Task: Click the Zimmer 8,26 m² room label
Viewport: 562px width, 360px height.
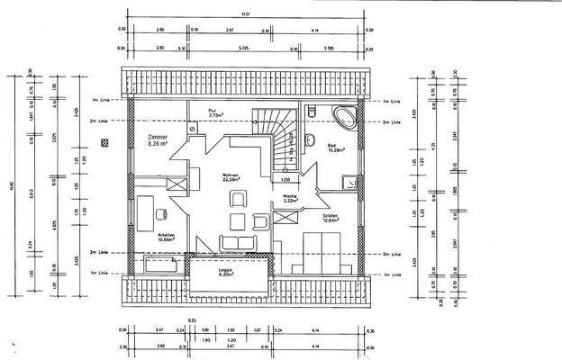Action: [159, 139]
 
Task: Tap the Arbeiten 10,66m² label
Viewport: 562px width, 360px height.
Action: [166, 238]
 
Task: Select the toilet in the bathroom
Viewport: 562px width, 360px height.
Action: [309, 112]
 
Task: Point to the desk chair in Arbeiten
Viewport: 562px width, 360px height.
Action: [163, 214]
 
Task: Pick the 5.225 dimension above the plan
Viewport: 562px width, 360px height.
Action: [244, 48]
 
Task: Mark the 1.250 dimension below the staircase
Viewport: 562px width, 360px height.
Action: [286, 181]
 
